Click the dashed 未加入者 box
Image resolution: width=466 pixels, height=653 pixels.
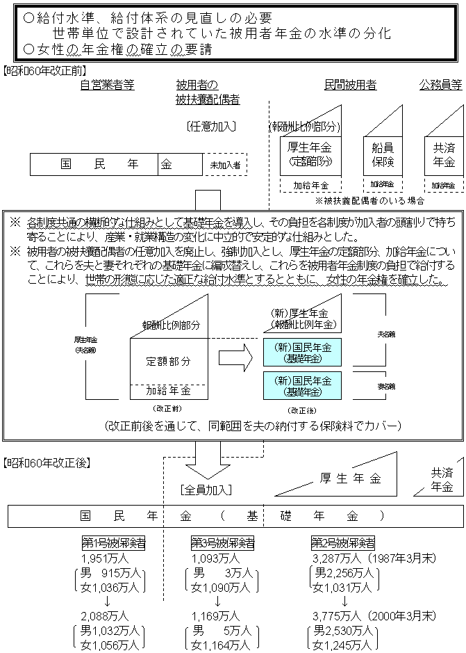point(225,166)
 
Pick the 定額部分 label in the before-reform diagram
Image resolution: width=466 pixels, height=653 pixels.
point(167,362)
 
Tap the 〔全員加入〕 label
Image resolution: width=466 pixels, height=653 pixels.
point(205,489)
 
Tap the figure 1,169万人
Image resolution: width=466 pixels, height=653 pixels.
point(215,615)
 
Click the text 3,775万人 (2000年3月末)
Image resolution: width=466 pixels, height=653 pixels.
point(374,615)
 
